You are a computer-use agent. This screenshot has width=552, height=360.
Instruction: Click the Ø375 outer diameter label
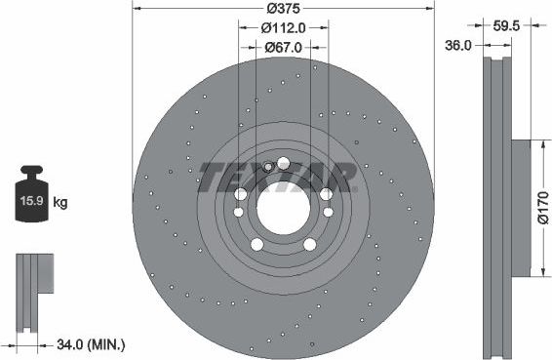coord(284,8)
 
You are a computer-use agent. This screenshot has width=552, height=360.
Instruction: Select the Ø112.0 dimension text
coord(284,28)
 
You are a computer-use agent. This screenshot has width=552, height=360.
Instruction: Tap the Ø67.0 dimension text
coord(284,47)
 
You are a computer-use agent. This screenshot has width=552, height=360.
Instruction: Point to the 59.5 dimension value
coord(506,25)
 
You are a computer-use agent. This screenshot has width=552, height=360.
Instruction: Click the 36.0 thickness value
coord(458,46)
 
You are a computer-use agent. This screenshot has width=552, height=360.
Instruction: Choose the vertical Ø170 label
coord(543,208)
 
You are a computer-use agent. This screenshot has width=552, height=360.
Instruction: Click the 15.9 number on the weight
coord(31,201)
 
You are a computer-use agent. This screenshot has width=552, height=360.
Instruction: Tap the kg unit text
coord(60,203)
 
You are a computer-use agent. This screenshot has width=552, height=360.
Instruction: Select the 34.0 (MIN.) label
coord(91,344)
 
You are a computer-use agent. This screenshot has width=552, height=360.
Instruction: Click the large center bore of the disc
coord(284,209)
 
